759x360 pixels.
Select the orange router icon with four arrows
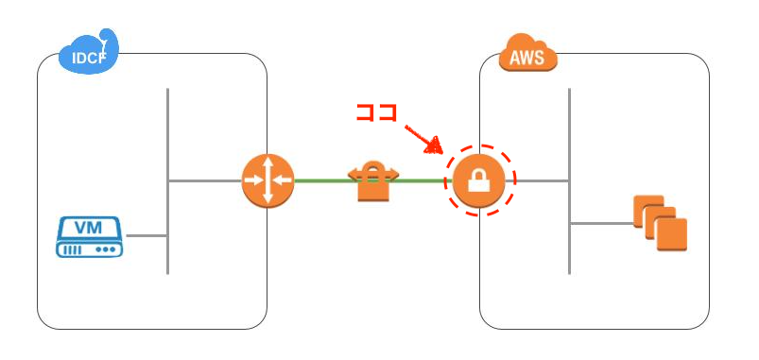[x=267, y=180]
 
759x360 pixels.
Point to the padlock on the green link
[x=372, y=182]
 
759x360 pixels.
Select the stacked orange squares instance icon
[x=660, y=222]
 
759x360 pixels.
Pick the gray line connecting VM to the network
[x=146, y=235]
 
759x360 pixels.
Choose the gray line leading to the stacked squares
[x=600, y=223]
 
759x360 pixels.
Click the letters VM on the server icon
[x=88, y=228]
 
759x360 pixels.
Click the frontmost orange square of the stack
[x=670, y=233]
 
